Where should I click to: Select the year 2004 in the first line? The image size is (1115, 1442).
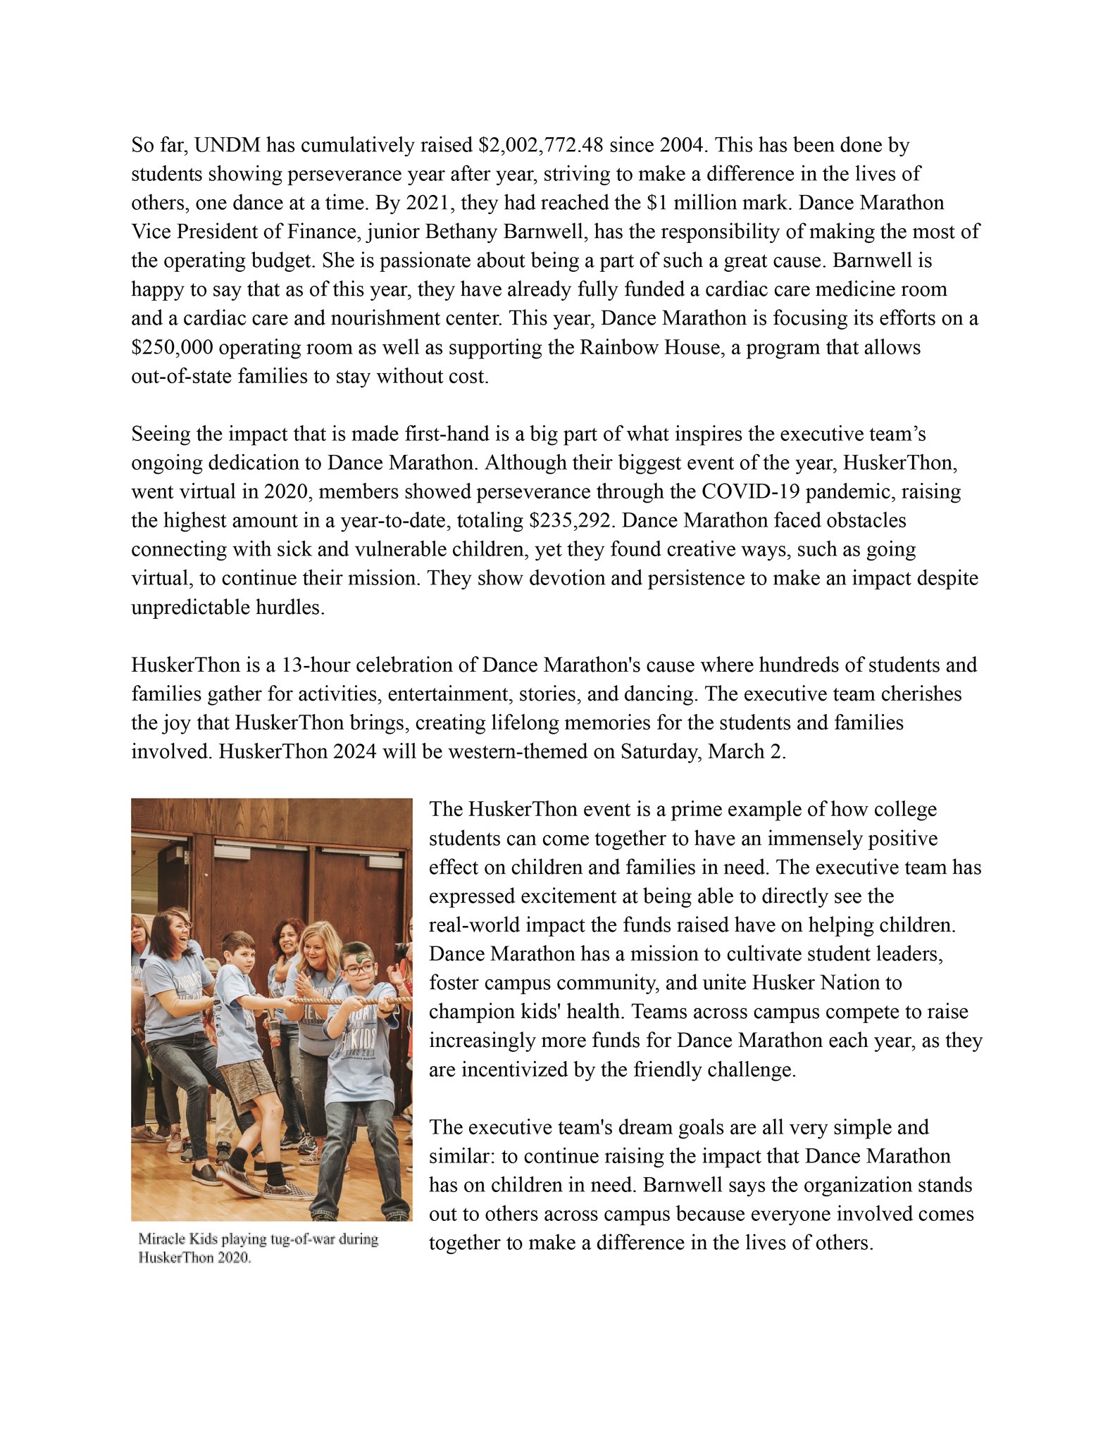(x=683, y=146)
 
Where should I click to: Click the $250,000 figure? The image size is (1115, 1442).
(x=173, y=348)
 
